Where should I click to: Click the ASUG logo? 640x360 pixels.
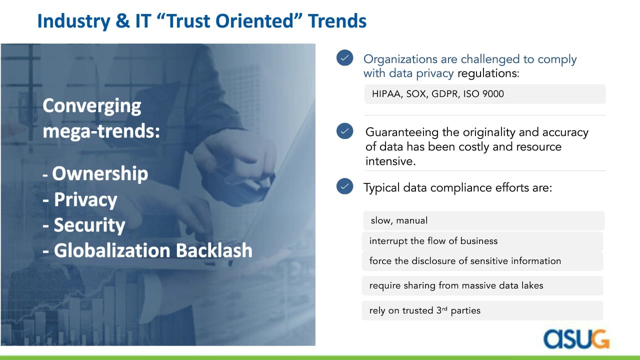tap(576, 339)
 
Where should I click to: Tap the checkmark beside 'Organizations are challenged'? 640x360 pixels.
tap(345, 57)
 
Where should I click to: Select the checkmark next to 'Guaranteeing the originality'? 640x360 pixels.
tap(345, 131)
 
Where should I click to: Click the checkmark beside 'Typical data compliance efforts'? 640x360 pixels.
tap(345, 186)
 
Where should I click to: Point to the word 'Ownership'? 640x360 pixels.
tap(100, 174)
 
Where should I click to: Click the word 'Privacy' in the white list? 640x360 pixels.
tap(85, 199)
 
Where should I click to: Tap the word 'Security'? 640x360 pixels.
tap(89, 225)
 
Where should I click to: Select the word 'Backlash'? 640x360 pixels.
tap(214, 250)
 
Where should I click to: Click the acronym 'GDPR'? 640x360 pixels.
tap(445, 94)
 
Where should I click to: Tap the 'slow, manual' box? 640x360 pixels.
tap(483, 220)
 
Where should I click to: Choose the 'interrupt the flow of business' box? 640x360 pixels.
tap(482, 241)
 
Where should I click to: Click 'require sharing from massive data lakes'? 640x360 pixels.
tap(456, 285)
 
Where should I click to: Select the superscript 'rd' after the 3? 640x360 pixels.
tap(444, 308)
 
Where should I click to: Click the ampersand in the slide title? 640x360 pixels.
tap(122, 21)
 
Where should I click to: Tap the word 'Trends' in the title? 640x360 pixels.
tap(337, 21)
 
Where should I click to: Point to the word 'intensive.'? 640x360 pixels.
tap(390, 161)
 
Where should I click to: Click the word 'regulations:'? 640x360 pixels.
tap(488, 73)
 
